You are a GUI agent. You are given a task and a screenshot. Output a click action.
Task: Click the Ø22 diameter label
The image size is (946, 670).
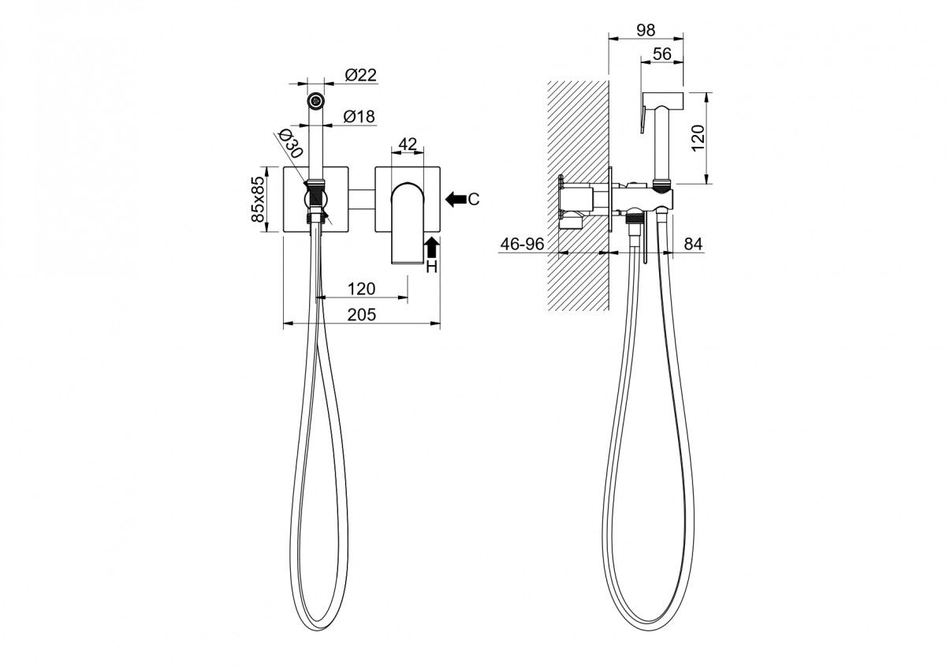[360, 75]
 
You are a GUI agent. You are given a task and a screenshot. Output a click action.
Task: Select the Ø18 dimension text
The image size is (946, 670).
[359, 116]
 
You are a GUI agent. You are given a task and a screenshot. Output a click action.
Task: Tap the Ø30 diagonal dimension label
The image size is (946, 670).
[291, 143]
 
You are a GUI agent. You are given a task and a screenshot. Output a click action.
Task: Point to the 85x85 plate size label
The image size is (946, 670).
[257, 199]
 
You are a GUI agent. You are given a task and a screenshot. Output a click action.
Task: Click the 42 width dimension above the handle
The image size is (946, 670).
[408, 144]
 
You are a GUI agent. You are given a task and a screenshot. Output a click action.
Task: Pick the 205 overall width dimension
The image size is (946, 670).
[362, 315]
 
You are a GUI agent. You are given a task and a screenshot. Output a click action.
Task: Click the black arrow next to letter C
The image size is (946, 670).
[456, 199]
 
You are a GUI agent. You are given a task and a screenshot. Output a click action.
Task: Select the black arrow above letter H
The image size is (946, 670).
[431, 247]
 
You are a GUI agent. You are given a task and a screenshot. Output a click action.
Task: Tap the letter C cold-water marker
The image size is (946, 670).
[474, 199]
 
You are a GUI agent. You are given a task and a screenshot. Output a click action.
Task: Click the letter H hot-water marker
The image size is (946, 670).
[432, 267]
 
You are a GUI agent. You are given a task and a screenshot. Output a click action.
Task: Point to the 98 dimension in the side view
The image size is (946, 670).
[646, 30]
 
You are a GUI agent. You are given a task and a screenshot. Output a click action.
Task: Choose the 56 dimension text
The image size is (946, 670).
[661, 54]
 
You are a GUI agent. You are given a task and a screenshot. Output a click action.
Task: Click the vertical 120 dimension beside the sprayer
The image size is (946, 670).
[698, 138]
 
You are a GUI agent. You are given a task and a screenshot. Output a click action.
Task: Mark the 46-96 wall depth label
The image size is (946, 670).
[522, 244]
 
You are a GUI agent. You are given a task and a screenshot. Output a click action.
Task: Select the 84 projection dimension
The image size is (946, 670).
[693, 244]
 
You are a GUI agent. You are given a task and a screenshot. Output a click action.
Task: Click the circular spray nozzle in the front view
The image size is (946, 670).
[315, 100]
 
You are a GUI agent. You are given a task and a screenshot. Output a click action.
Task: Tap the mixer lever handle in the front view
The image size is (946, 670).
[408, 223]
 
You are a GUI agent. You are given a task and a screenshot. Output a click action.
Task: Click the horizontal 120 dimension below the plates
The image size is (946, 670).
[362, 289]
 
